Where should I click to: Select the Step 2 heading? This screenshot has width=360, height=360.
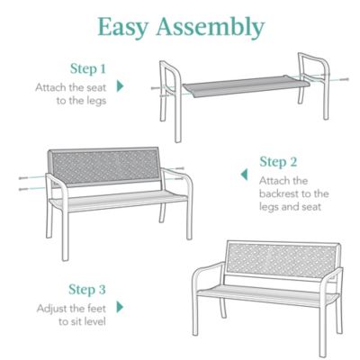click(x=278, y=162)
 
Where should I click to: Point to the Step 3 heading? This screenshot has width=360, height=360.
click(x=87, y=290)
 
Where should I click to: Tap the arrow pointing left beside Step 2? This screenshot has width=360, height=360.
click(x=242, y=175)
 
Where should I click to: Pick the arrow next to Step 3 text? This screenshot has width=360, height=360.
click(x=121, y=307)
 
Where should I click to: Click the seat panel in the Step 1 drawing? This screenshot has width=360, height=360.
click(x=242, y=87)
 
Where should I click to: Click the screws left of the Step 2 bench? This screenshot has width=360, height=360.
click(x=24, y=183)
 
